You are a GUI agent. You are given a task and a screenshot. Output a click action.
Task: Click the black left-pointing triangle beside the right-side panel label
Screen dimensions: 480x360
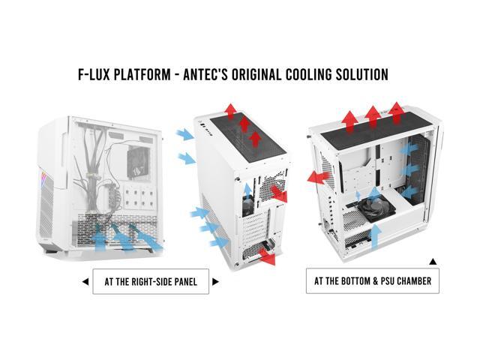tap(84, 282)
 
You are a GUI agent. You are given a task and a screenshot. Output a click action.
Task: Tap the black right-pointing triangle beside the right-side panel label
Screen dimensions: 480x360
tap(216, 282)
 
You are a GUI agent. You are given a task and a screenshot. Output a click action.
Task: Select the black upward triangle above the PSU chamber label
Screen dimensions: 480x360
tap(433, 262)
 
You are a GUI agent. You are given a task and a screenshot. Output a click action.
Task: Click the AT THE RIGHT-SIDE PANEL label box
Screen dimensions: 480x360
tap(150, 282)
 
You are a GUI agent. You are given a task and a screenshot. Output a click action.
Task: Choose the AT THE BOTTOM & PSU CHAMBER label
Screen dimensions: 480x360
tap(373, 281)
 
